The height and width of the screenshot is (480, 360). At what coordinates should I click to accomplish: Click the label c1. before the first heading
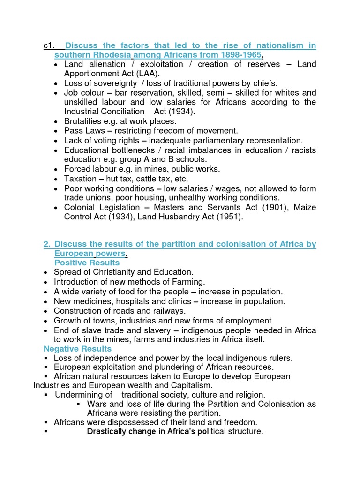49,45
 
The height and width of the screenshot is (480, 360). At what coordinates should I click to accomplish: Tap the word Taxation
80,179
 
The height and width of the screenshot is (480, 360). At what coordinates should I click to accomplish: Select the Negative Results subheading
77,349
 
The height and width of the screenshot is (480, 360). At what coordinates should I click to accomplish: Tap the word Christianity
111,272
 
